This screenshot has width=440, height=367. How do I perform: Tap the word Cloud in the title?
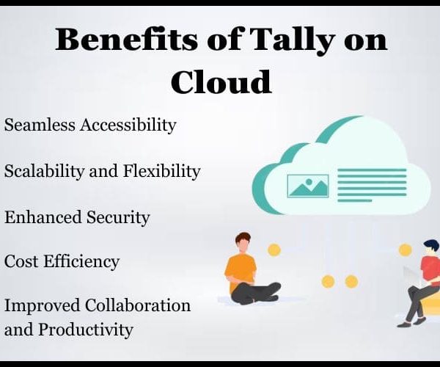tap(221, 81)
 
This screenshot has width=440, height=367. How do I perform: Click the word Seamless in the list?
tap(40, 124)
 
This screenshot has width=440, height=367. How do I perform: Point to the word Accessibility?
tap(128, 126)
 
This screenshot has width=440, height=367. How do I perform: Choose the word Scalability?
tap(44, 171)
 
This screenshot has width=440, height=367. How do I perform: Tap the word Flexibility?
tap(161, 171)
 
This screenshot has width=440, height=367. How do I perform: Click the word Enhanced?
tap(43, 217)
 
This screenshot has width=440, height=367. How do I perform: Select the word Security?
tap(118, 218)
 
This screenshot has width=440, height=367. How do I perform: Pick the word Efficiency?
tap(81, 262)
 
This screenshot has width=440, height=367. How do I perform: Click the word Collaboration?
tap(138, 305)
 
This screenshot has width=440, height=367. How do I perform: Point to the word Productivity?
tap(85, 329)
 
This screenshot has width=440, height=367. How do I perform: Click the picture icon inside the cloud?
tap(308, 186)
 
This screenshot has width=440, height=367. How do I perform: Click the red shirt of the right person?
tap(430, 266)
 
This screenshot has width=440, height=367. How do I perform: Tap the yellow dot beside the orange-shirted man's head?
tap(274, 250)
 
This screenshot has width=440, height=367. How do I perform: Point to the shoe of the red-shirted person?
tap(404, 325)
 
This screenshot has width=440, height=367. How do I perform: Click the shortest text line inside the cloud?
tap(355, 201)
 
